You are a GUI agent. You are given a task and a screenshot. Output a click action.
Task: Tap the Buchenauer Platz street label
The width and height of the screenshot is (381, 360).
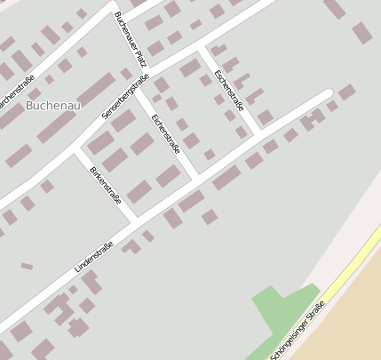pos(130,36)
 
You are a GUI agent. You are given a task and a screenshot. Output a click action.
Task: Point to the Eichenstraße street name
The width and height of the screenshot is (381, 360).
pos(165,134)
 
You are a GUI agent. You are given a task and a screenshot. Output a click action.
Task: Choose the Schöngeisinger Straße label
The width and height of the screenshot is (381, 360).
pos(298,330)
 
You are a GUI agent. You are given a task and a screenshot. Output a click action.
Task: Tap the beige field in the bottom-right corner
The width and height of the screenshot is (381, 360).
pos(346,320)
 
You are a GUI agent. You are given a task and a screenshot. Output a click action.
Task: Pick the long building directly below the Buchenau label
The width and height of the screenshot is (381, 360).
pos(56,126)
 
